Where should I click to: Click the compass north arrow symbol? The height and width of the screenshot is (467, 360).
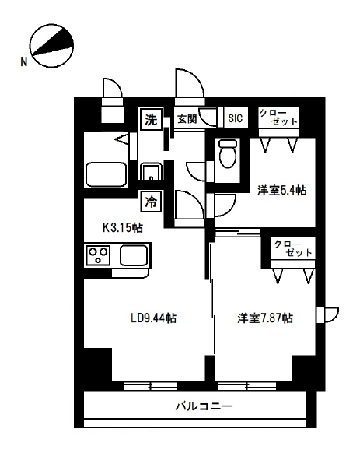(x=52, y=46)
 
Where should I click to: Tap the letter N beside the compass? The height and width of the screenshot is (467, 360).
(x=24, y=62)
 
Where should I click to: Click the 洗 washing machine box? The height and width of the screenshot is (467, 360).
(x=151, y=119)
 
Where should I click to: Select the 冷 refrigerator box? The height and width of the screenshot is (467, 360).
(x=151, y=202)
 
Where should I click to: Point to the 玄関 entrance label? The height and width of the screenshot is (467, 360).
(x=187, y=119)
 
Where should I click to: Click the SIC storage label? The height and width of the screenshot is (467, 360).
(x=236, y=118)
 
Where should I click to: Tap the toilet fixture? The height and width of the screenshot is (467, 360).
(x=228, y=154)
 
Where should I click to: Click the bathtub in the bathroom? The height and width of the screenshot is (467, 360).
(x=107, y=174)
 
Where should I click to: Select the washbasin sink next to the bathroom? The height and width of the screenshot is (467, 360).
(x=151, y=171)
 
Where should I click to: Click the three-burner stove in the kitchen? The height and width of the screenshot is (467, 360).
(x=99, y=255)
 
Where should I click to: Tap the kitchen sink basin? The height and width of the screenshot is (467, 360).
(x=134, y=255)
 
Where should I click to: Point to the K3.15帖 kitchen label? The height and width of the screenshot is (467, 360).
(x=122, y=228)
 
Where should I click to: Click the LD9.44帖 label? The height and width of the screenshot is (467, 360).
(x=153, y=318)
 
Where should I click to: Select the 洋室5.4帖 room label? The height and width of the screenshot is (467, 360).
(x=281, y=190)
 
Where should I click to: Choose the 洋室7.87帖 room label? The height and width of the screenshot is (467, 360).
(x=265, y=318)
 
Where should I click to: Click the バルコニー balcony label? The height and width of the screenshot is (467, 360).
(x=204, y=406)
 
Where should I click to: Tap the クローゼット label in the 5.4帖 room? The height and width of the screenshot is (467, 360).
(x=278, y=117)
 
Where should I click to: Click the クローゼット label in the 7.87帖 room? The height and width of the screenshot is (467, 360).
(x=293, y=248)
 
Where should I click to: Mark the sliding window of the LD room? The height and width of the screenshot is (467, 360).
(x=150, y=386)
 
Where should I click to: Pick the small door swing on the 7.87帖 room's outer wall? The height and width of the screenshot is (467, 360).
(x=328, y=314)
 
